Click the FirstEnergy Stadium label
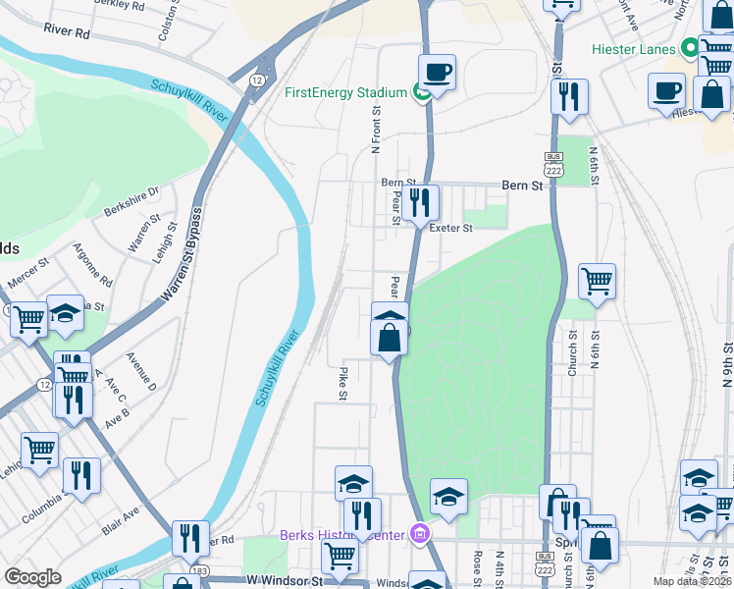(345, 93)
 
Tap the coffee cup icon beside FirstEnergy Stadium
(437, 73)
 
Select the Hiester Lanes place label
(634, 49)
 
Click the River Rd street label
(67, 31)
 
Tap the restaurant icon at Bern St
(420, 202)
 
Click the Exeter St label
(451, 228)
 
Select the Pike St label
(343, 383)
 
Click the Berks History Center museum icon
(420, 534)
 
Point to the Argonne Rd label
(98, 267)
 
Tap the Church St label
(572, 345)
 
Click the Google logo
(32, 577)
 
